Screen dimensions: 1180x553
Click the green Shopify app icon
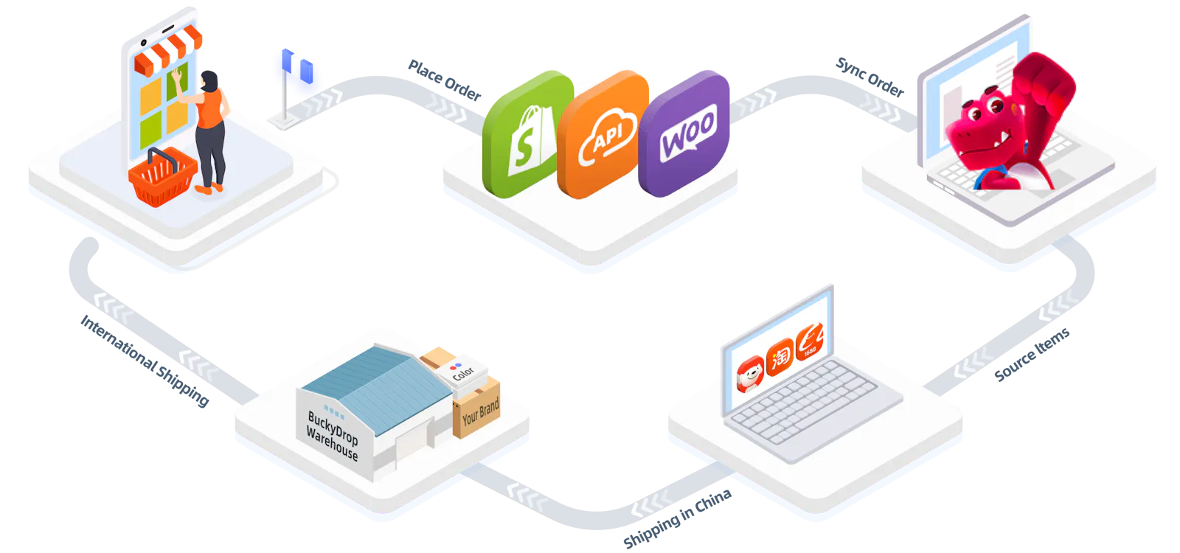527,134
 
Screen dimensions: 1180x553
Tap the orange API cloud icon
602,135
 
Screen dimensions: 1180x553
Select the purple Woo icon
684,133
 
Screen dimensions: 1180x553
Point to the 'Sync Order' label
870,77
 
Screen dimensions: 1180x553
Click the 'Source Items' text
1032,354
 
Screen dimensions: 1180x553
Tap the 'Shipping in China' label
678,518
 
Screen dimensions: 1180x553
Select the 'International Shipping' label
145,361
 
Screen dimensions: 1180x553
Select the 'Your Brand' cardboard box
476,408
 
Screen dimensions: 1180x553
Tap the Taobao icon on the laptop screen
780,357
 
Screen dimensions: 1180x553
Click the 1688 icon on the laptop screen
810,341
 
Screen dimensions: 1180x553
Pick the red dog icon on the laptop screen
750,374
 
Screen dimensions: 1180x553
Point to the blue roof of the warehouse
377,388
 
